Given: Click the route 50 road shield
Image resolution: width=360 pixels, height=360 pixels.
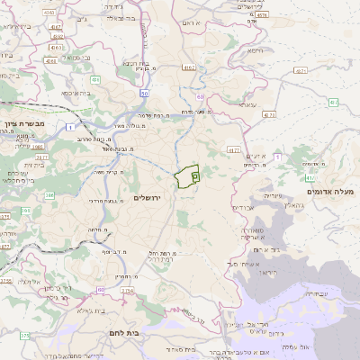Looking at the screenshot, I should (x=144, y=93).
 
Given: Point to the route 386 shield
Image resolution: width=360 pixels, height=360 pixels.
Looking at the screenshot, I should (x=50, y=194).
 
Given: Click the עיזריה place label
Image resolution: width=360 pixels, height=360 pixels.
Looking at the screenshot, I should (x=273, y=194).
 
